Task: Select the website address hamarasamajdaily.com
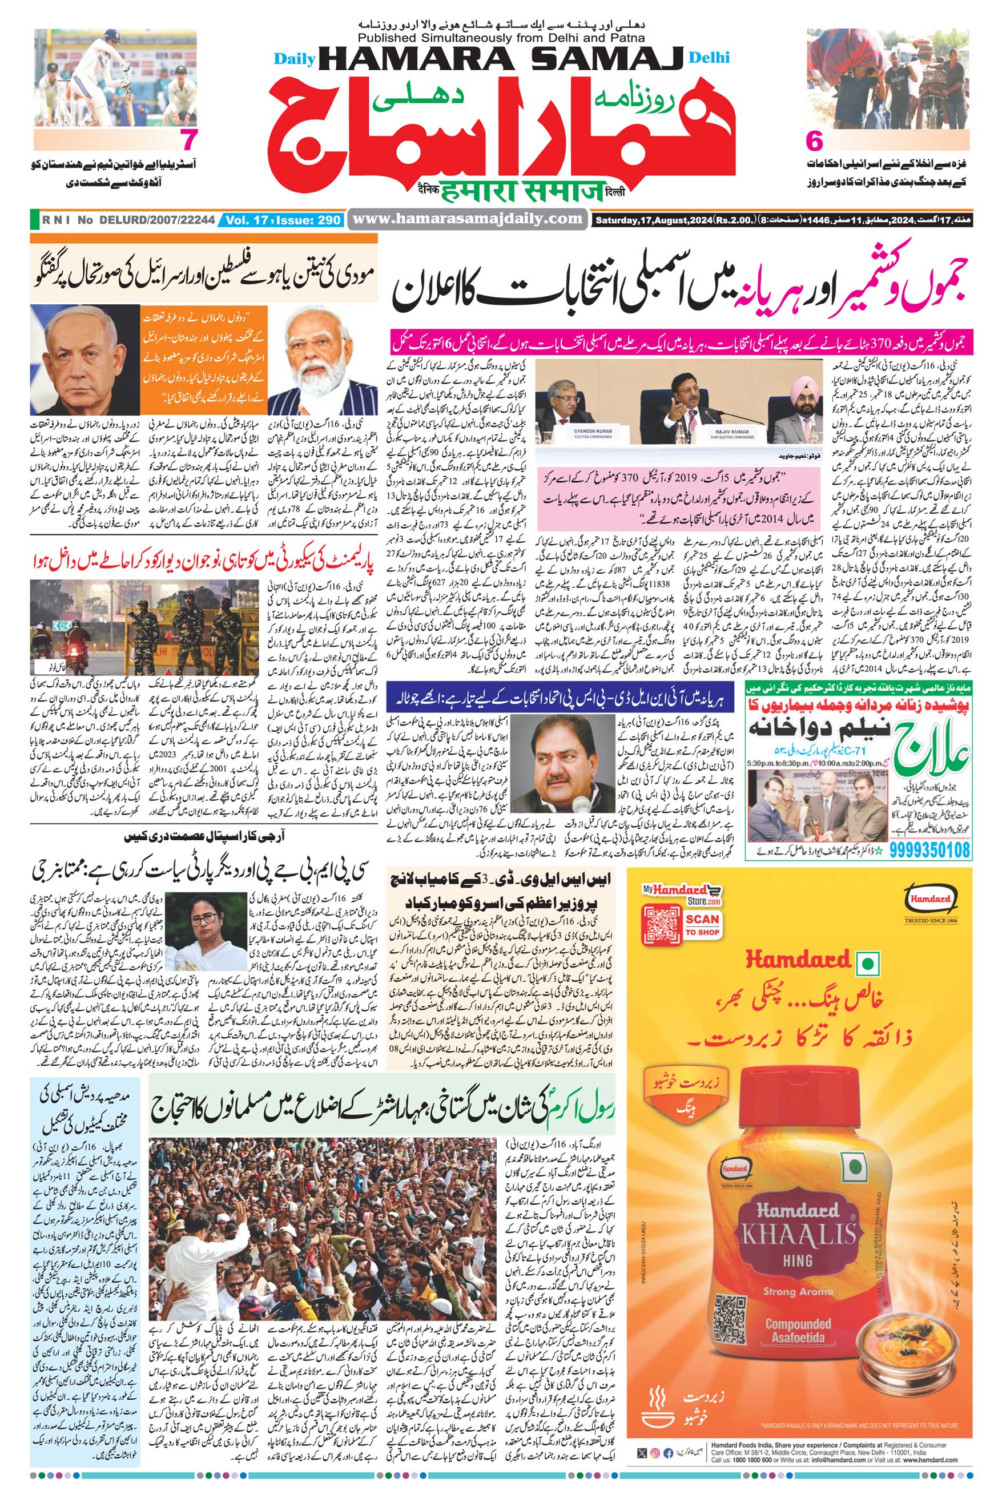pos(468,219)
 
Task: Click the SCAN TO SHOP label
pos(702,924)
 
